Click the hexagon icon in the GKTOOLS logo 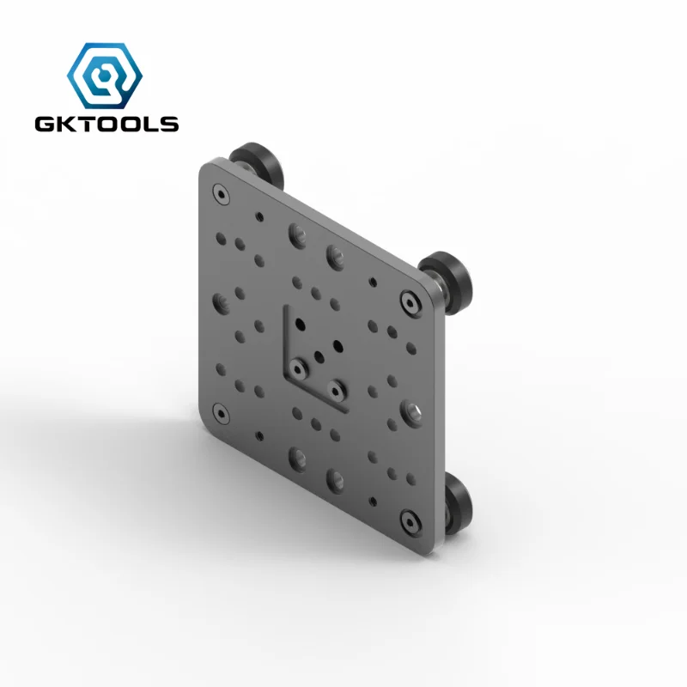[x=106, y=75]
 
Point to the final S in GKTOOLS [x=169, y=124]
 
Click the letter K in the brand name [x=66, y=124]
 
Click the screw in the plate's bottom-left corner [x=222, y=415]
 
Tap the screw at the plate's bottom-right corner [x=409, y=521]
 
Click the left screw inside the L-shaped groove [x=298, y=368]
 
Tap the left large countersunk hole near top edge [x=298, y=233]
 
